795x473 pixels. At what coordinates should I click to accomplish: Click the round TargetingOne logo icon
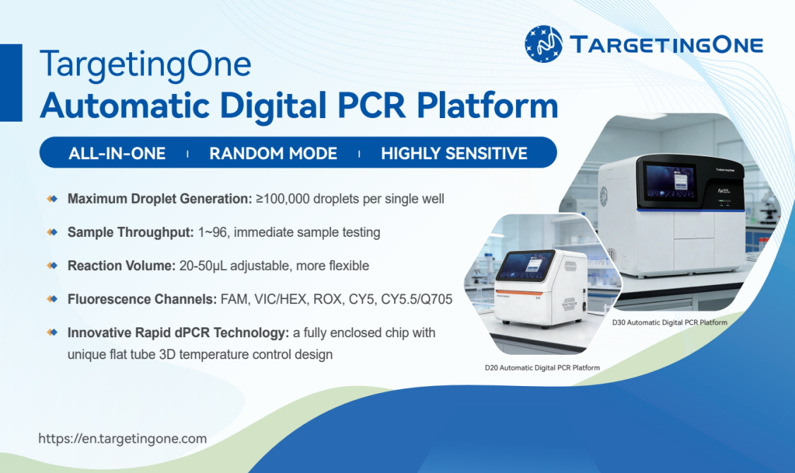point(543,44)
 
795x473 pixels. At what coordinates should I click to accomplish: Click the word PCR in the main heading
point(371,105)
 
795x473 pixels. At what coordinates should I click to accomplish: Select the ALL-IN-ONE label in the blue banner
point(117,153)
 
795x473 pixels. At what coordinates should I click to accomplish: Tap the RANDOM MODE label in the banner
point(273,153)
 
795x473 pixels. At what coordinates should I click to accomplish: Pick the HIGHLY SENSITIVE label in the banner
point(454,153)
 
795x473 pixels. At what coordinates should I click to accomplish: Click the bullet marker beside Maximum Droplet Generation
point(52,199)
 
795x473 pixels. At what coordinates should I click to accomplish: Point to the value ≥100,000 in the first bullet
point(282,199)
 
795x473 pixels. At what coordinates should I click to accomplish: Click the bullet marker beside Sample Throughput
point(52,232)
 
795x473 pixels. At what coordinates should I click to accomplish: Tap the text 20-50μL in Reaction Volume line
point(203,265)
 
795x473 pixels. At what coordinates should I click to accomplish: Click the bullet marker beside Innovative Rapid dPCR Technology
point(52,332)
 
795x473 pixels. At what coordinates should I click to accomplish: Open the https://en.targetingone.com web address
point(123,438)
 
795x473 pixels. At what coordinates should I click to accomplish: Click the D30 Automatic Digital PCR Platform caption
point(670,322)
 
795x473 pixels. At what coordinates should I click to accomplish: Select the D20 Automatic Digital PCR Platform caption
point(542,368)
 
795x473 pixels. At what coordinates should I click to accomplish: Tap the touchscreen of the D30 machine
point(670,182)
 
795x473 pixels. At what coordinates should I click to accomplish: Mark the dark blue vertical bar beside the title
point(11,83)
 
